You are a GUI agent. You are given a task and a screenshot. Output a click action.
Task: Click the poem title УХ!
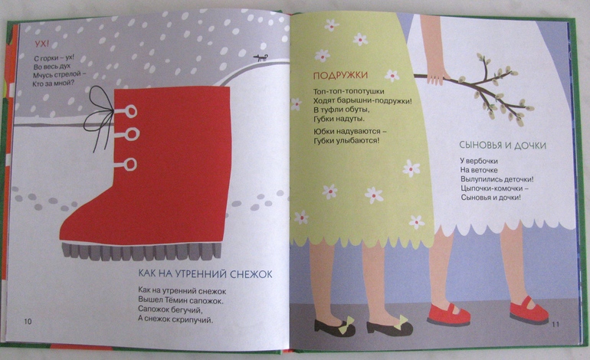click(x=42, y=44)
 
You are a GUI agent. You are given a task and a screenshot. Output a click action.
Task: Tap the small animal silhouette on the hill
click(x=261, y=57)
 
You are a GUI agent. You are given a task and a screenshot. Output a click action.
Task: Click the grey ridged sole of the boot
click(x=142, y=251)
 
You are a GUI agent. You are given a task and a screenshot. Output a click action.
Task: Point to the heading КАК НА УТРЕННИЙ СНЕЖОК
click(x=205, y=273)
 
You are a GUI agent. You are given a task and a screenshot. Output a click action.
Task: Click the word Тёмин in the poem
click(x=177, y=300)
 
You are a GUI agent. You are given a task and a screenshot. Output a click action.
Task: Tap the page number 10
click(x=28, y=322)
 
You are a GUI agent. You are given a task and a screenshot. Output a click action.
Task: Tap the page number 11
click(x=556, y=324)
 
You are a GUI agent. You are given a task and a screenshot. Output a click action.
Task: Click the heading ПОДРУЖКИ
click(x=340, y=76)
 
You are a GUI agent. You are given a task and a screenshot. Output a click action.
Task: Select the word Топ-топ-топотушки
click(x=349, y=91)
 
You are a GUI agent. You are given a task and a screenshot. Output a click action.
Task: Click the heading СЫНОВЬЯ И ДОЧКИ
click(x=503, y=146)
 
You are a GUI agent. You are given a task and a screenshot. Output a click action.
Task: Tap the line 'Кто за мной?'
click(x=54, y=83)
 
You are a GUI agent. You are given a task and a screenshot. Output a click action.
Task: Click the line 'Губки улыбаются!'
click(x=346, y=141)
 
